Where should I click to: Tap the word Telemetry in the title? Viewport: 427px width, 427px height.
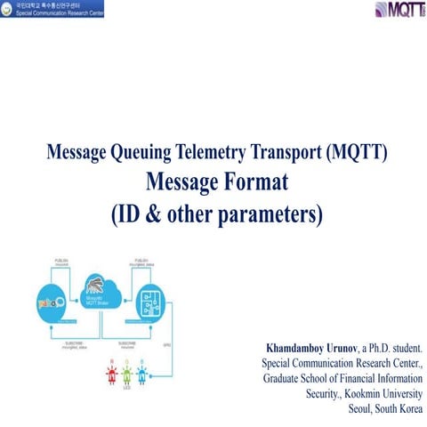coord(209,153)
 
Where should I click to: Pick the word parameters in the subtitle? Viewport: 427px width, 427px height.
coord(271,213)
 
